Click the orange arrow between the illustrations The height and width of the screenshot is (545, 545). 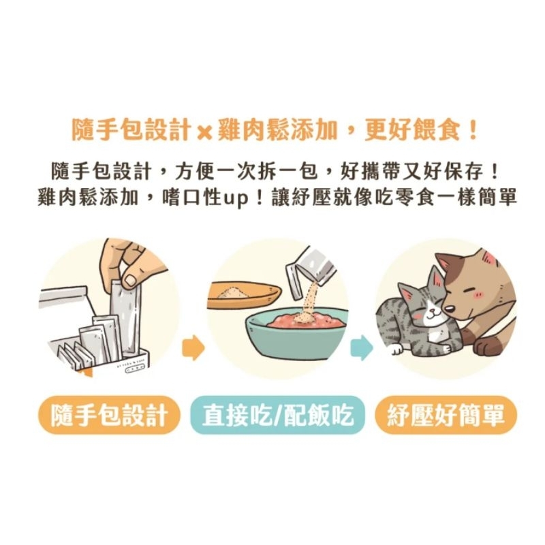click(193, 347)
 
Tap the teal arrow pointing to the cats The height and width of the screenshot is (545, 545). click(362, 347)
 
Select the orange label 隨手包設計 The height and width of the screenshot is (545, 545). click(109, 415)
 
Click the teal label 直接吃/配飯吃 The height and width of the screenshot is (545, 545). click(277, 415)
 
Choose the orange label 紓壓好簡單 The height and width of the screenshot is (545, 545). click(446, 415)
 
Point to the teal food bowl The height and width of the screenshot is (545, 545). click(297, 334)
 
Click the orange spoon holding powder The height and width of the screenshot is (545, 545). click(243, 295)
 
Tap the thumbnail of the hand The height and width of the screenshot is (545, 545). click(131, 280)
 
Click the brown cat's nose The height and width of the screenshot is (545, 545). click(450, 309)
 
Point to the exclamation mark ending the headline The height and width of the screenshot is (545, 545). click(473, 129)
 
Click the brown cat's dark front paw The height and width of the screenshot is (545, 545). click(487, 345)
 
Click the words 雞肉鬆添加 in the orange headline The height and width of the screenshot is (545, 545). click(277, 130)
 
